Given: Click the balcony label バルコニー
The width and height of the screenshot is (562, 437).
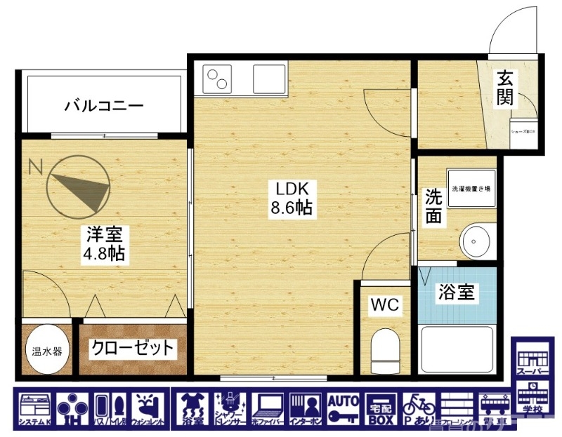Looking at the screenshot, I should click(x=104, y=107).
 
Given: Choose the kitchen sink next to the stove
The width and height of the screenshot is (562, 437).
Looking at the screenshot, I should click(x=270, y=78).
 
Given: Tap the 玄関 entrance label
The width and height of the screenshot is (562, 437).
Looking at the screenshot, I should click(x=507, y=88).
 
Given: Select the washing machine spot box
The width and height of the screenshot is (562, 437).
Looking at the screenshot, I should click(x=470, y=189).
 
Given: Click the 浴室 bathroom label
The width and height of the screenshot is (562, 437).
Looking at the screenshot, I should click(x=457, y=292).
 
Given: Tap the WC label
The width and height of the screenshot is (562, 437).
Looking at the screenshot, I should click(x=385, y=305).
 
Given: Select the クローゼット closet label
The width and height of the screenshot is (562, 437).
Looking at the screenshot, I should click(x=132, y=348).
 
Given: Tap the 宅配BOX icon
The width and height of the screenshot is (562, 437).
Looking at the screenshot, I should click(x=381, y=410).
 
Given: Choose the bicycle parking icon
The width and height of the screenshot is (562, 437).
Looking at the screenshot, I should click(x=418, y=410).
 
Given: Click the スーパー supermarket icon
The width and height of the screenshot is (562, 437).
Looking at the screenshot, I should click(x=532, y=357).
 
